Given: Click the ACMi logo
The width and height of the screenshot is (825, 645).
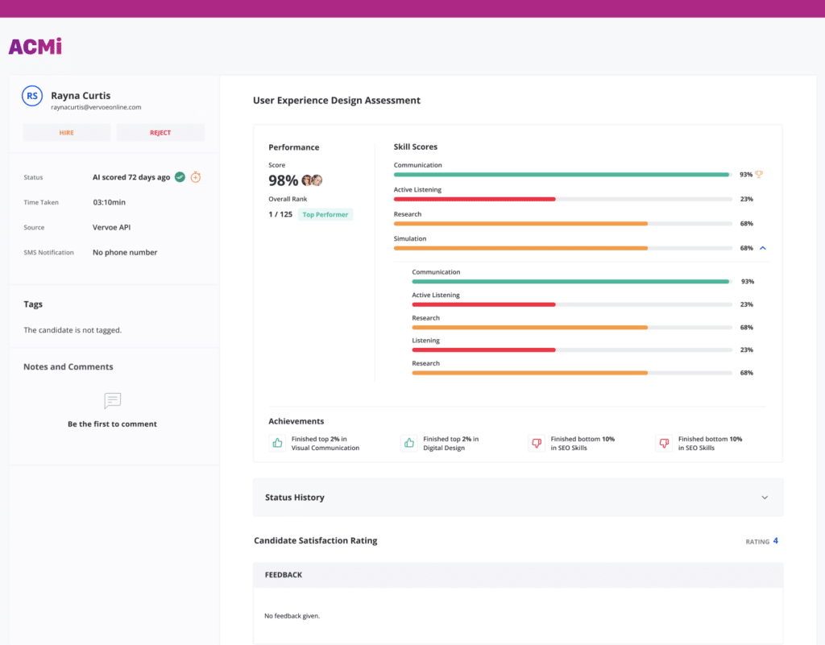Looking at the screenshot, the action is (x=35, y=47).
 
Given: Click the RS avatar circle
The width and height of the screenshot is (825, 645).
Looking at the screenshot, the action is (x=32, y=96).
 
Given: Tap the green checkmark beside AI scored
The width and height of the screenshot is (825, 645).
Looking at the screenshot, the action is (x=180, y=177).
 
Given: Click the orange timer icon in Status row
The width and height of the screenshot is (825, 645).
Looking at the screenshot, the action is (x=196, y=177).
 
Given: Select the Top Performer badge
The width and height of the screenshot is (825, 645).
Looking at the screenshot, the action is (x=325, y=214).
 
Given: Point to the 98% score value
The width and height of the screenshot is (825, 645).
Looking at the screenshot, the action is (x=283, y=180).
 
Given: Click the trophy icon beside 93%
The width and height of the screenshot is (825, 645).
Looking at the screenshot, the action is (x=759, y=174).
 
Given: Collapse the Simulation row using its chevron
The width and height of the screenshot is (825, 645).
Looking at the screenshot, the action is (x=763, y=248).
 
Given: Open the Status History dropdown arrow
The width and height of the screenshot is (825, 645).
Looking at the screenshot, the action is (x=765, y=498).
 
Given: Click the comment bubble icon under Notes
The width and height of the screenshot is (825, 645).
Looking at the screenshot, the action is (x=113, y=400).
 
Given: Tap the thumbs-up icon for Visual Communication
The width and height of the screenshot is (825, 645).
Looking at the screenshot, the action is (x=277, y=443).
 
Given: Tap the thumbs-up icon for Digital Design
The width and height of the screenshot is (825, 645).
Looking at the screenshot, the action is (x=408, y=443).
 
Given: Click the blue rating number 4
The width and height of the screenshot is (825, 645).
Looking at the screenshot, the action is (x=776, y=540).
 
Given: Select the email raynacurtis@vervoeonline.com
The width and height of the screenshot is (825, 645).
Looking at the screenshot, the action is (x=96, y=107).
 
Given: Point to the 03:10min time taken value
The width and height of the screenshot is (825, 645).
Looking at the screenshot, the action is (x=109, y=202).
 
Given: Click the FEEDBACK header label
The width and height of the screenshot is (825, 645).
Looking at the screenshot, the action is (x=283, y=575).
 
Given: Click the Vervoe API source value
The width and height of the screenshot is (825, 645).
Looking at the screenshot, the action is (x=111, y=227).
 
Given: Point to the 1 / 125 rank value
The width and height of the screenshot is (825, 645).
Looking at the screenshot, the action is (x=280, y=214).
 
